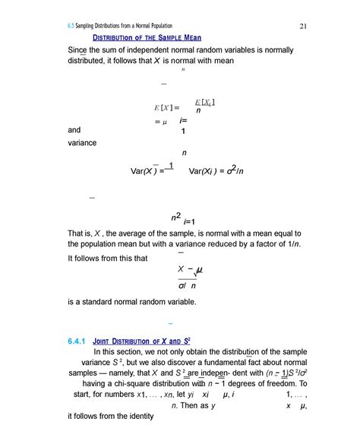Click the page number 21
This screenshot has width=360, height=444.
[x=302, y=28]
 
